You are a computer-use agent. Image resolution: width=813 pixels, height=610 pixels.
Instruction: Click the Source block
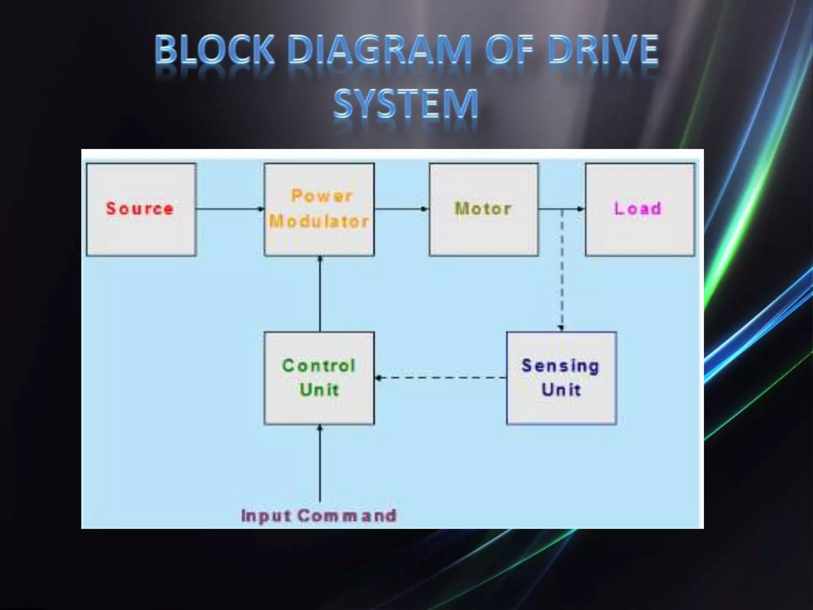[x=141, y=209]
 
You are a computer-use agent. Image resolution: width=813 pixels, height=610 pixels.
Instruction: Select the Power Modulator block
[x=319, y=209]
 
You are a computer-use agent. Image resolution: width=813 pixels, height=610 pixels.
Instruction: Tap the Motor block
[x=484, y=209]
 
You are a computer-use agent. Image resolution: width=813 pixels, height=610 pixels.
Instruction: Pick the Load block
[x=640, y=209]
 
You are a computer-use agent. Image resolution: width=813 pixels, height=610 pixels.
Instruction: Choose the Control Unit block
[x=319, y=378]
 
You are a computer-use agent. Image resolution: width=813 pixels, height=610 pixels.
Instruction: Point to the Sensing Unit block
[x=561, y=378]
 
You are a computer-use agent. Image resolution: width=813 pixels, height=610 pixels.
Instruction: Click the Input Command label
[x=319, y=515]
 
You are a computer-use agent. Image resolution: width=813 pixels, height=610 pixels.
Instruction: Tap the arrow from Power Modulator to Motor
[x=401, y=209]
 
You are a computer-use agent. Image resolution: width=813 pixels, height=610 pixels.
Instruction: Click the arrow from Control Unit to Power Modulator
[x=320, y=294]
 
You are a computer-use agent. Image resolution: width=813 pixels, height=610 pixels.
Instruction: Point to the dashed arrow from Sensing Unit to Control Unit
[x=441, y=378]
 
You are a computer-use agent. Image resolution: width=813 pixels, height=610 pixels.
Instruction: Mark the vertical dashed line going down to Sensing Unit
[x=562, y=270]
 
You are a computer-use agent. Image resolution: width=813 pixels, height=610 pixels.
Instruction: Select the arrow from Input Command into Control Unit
[x=320, y=463]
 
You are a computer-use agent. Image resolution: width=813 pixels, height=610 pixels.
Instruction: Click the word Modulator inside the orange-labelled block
[x=319, y=222]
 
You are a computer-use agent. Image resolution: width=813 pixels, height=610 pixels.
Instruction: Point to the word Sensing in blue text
[x=560, y=366]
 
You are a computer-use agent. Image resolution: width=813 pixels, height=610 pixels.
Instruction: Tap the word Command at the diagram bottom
[x=347, y=515]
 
